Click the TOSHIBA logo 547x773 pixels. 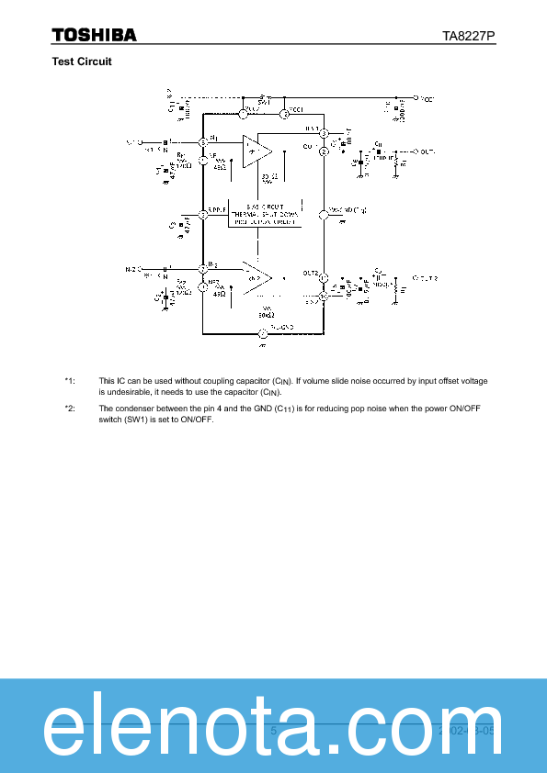pos(94,35)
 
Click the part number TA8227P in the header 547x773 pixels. pos(469,36)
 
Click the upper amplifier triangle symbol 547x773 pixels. pos(256,150)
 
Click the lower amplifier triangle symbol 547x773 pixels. pos(256,276)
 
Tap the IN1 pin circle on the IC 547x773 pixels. pos(203,142)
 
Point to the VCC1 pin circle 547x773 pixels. pos(285,114)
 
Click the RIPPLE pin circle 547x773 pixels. pos(203,215)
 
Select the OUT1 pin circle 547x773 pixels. pos(324,151)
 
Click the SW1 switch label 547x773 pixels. pos(262,103)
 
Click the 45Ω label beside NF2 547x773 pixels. pos(219,295)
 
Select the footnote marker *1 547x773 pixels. pos(70,380)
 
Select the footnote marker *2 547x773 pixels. pos(70,409)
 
